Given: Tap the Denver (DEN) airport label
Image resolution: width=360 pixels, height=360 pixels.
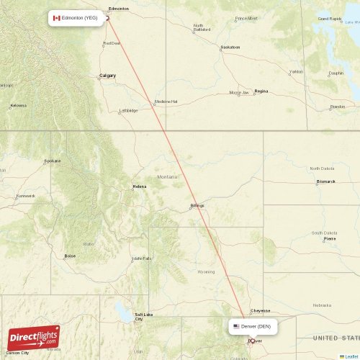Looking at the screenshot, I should pyautogui.click(x=256, y=326).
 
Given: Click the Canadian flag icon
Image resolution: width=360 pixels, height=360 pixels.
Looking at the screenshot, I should pyautogui.click(x=57, y=17).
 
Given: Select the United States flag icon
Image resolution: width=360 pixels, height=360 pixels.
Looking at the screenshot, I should pyautogui.click(x=236, y=326).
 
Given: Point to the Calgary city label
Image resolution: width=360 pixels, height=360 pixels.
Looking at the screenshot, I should pyautogui.click(x=108, y=75).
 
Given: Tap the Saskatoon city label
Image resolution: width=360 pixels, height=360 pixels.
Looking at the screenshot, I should pyautogui.click(x=230, y=48).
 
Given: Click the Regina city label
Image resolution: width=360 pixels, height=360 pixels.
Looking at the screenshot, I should pyautogui.click(x=261, y=91).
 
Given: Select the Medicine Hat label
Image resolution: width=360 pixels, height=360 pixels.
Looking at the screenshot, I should pyautogui.click(x=166, y=102).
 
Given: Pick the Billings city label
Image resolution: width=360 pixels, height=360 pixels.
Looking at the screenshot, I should pyautogui.click(x=197, y=205).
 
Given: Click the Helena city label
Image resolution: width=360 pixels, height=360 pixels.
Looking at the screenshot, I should pyautogui.click(x=139, y=186).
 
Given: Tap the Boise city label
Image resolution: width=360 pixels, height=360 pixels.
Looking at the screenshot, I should pyautogui.click(x=70, y=256).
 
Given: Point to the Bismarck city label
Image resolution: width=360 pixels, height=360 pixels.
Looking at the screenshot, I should pyautogui.click(x=325, y=181).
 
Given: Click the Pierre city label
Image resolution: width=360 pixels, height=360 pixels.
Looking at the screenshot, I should pyautogui.click(x=330, y=239).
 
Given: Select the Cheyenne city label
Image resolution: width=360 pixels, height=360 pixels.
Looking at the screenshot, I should pyautogui.click(x=260, y=310).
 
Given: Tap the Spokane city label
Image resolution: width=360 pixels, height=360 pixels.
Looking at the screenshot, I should pyautogui.click(x=52, y=161).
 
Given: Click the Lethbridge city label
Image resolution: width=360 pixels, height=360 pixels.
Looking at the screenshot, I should pyautogui.click(x=129, y=111).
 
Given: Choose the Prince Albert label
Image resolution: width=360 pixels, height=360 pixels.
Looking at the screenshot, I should pyautogui.click(x=246, y=18).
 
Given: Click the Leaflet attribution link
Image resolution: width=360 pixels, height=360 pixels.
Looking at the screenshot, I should pyautogui.click(x=351, y=356).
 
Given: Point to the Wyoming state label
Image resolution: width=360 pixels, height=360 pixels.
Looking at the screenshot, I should pyautogui.click(x=206, y=272).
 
